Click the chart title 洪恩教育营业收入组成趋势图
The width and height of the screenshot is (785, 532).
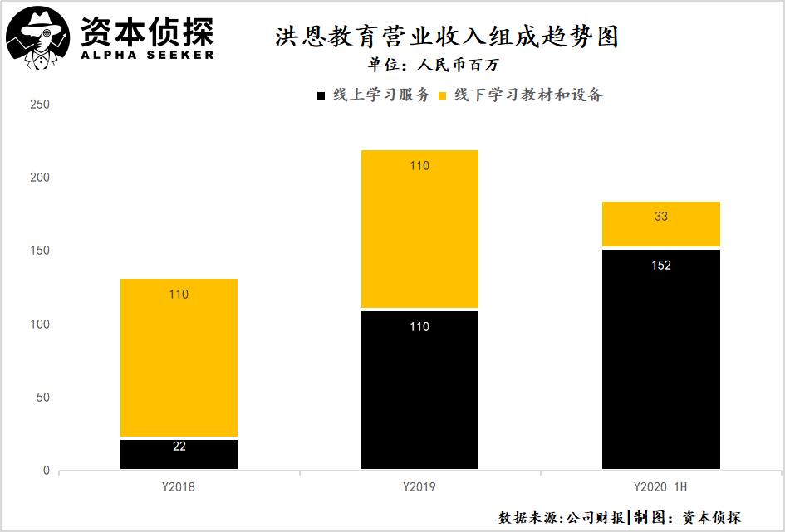(447, 37)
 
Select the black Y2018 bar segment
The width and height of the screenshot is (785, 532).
(179, 454)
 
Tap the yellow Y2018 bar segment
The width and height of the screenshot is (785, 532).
(179, 357)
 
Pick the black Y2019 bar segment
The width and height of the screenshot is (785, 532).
(419, 390)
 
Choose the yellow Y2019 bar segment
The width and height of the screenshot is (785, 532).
(419, 229)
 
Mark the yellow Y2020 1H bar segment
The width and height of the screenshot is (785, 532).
(661, 224)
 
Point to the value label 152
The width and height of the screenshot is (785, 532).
(661, 266)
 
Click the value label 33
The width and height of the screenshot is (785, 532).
(661, 217)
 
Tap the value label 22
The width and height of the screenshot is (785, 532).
(179, 447)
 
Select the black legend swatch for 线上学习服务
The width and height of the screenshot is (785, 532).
(321, 95)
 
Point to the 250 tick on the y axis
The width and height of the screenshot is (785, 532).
(39, 105)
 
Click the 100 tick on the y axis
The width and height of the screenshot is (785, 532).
(39, 325)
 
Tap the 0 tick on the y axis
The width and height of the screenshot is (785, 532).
(46, 471)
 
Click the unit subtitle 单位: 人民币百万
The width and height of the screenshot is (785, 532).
(433, 65)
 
